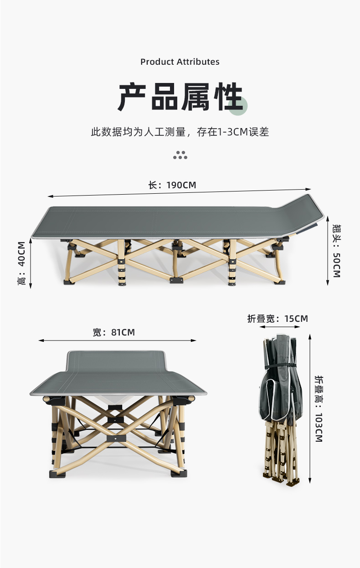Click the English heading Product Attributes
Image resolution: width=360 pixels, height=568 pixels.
click(180, 62)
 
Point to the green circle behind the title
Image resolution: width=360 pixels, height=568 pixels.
click(237, 106)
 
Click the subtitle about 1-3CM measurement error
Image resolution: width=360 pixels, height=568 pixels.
click(180, 132)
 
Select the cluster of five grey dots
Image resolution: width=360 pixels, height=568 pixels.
click(180, 155)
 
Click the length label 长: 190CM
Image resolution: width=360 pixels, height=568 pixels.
click(172, 185)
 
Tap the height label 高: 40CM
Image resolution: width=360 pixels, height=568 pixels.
click(21, 263)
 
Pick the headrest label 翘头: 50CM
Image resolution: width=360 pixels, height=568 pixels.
click(336, 251)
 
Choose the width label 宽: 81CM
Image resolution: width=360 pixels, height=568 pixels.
click(114, 332)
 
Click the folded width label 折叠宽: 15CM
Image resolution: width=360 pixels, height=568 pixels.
click(278, 319)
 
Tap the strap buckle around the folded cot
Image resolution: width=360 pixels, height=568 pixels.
click(293, 365)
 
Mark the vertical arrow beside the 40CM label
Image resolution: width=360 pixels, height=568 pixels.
click(31, 263)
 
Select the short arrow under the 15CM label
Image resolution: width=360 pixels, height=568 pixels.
click(280, 326)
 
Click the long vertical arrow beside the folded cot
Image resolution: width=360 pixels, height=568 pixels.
click(309, 409)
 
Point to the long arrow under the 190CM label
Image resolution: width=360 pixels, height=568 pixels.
click(179, 192)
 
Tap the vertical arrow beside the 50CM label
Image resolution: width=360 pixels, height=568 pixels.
click(328, 251)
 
